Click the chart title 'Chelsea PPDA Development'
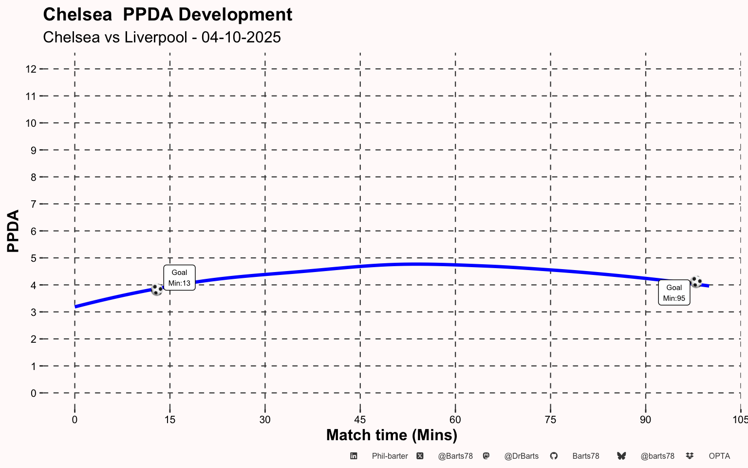[x=168, y=15]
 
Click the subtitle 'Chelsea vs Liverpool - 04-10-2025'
[x=162, y=38]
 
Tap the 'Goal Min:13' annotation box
[x=179, y=278]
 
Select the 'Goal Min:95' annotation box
[x=674, y=293]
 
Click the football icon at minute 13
[x=157, y=290]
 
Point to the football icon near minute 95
[x=696, y=282]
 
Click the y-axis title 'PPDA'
[x=13, y=231]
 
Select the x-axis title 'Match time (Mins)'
[x=392, y=435]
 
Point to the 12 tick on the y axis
[x=31, y=69]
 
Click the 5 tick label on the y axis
[x=34, y=258]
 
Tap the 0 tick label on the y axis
[x=34, y=393]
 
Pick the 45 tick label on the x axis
[x=360, y=420]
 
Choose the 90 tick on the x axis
[x=645, y=420]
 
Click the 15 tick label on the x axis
[x=169, y=420]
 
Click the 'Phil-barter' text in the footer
[x=390, y=456]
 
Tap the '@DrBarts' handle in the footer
[x=521, y=456]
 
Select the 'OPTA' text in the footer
[x=719, y=456]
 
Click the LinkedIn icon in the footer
[x=354, y=456]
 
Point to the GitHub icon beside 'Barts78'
[x=554, y=456]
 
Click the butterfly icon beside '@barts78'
[x=621, y=456]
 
